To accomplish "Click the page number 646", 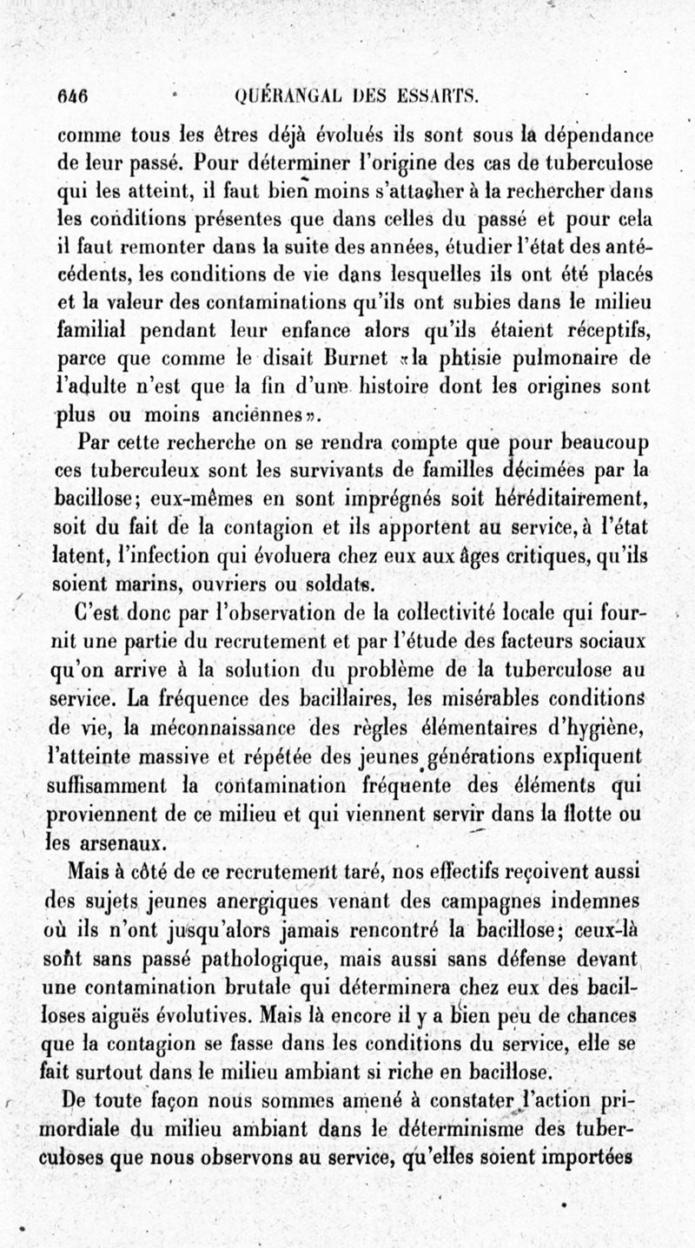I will click(76, 96).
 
